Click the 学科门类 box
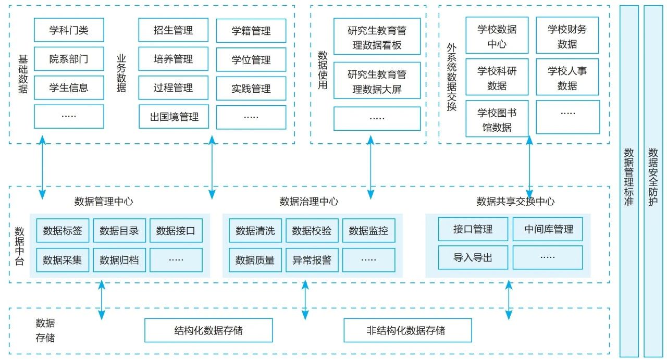tap(69, 30)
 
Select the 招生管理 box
tap(173, 30)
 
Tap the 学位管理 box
tap(251, 60)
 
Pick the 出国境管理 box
tap(173, 117)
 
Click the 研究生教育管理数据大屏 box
tap(377, 81)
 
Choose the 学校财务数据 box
tap(567, 36)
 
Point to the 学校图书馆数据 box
tap(497, 119)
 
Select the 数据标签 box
tap(63, 231)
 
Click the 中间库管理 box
tap(547, 229)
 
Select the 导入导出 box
tap(473, 257)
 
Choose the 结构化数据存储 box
tap(208, 330)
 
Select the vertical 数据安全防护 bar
tap(653, 180)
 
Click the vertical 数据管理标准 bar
tap(628, 180)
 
